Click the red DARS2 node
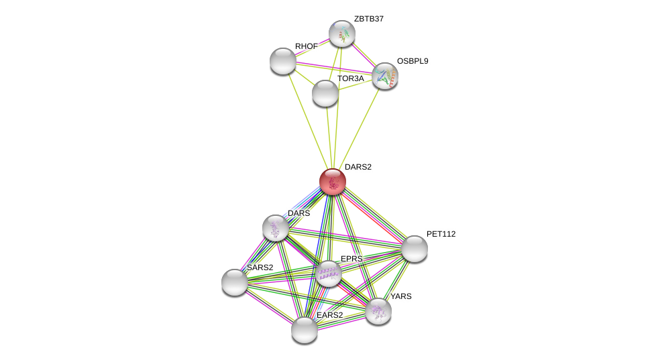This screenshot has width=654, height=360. pyautogui.click(x=332, y=182)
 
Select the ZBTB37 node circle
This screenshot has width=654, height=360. pyautogui.click(x=341, y=34)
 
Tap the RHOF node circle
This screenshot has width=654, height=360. pyautogui.click(x=283, y=61)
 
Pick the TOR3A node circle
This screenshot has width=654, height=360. pyautogui.click(x=325, y=93)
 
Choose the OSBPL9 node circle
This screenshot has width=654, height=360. pyautogui.click(x=385, y=76)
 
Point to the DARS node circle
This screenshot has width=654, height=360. pyautogui.click(x=276, y=228)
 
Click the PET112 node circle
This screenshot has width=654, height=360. pyautogui.click(x=415, y=249)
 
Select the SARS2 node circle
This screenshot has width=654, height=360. pyautogui.click(x=235, y=282)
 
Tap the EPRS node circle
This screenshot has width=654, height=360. pyautogui.click(x=328, y=274)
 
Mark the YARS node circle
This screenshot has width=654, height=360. pyautogui.click(x=378, y=310)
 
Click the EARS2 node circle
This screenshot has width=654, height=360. pyautogui.click(x=305, y=330)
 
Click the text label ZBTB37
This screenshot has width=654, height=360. pyautogui.click(x=369, y=19)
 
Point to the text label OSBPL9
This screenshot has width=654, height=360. pyautogui.click(x=412, y=61)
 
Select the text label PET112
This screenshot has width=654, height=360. pyautogui.click(x=441, y=234)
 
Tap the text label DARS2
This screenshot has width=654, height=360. pyautogui.click(x=358, y=167)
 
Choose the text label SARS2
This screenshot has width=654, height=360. pyautogui.click(x=260, y=267)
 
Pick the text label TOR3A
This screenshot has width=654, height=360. pyautogui.click(x=350, y=78)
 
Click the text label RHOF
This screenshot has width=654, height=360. pyautogui.click(x=307, y=46)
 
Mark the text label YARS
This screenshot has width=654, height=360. pyautogui.click(x=401, y=296)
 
